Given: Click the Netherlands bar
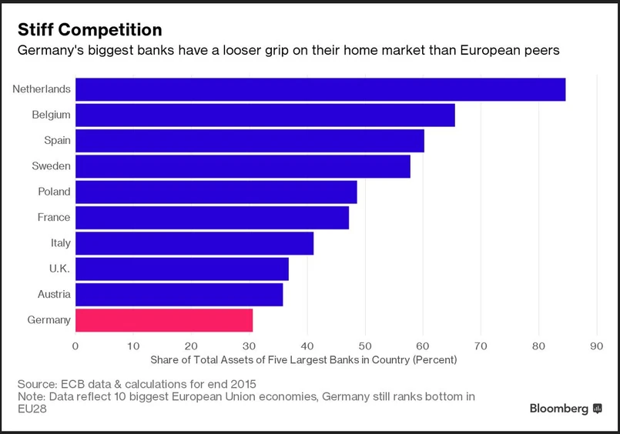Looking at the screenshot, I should click(320, 89).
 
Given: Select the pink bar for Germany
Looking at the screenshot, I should click(164, 320).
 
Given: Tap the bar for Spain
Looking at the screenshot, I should click(250, 141).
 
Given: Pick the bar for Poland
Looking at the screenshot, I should click(216, 192).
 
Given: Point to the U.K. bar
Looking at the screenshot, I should click(182, 269).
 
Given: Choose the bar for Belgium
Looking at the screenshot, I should click(265, 115).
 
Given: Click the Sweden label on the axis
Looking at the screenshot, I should click(51, 166).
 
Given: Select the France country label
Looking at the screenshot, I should click(54, 218).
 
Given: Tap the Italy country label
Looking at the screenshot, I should click(60, 243).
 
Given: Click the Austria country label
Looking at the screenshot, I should click(54, 294).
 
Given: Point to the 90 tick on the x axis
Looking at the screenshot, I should click(597, 346).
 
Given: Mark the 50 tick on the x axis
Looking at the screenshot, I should click(365, 346).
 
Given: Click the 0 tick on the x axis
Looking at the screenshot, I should click(75, 346).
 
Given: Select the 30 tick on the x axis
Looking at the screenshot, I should click(249, 346).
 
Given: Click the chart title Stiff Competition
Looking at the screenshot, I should click(90, 30).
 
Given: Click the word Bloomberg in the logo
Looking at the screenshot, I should click(558, 409).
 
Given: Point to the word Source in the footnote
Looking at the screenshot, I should click(37, 384).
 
